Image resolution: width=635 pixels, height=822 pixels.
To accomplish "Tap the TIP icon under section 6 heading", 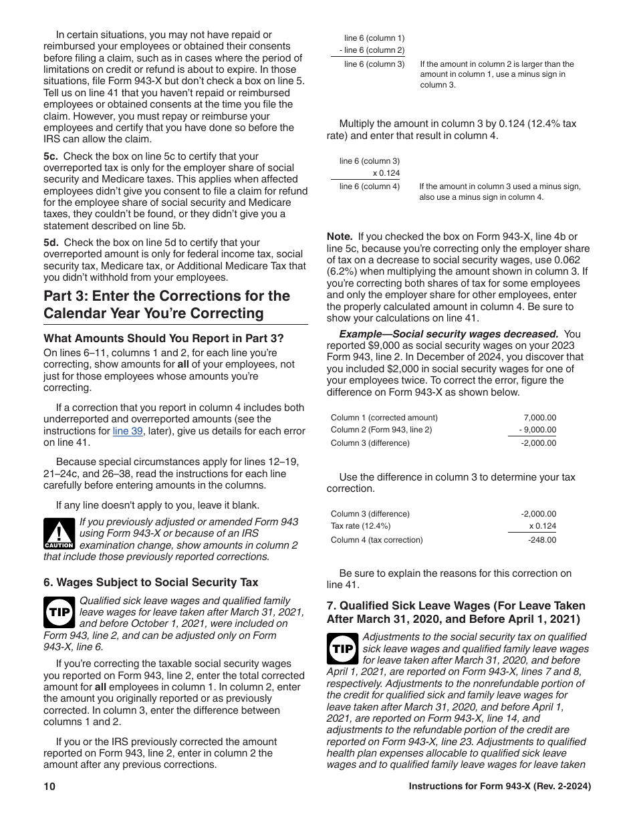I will (x=59, y=612).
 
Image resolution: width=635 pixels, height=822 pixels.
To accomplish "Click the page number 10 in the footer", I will (x=49, y=787).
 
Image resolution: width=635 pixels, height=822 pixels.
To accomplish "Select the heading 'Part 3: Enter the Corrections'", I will (x=167, y=304).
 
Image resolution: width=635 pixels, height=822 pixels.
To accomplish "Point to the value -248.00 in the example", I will (x=541, y=540).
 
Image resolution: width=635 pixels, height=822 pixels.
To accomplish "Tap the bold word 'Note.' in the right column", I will (x=340, y=237).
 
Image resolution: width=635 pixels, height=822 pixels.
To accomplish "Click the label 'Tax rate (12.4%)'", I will (x=361, y=526).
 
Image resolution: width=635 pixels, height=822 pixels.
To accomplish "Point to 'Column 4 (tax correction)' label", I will (x=377, y=540).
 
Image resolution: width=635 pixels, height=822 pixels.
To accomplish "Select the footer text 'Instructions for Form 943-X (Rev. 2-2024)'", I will (x=500, y=787).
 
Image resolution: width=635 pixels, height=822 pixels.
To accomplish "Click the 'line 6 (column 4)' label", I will (x=369, y=186).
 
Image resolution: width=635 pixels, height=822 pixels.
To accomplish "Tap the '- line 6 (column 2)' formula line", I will (x=372, y=50).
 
